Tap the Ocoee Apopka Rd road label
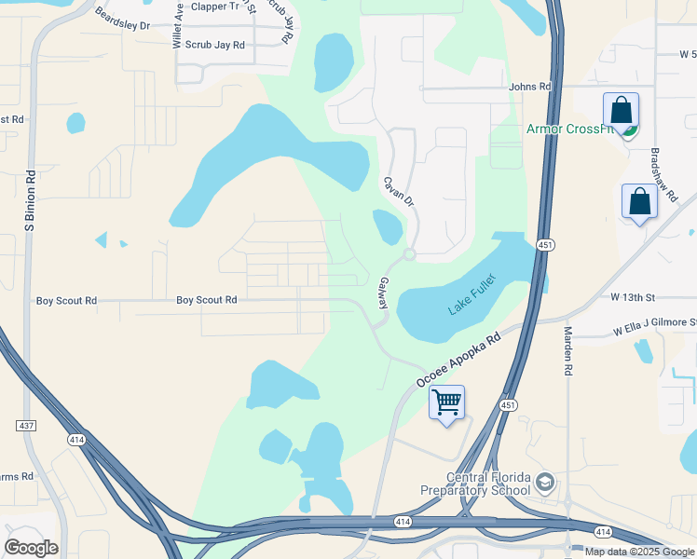[x=458, y=359]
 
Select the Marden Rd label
[x=567, y=350]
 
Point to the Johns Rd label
[x=530, y=87]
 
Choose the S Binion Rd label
[x=29, y=200]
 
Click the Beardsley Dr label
[x=122, y=20]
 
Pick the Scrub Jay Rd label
[x=214, y=45]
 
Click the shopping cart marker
[x=447, y=403]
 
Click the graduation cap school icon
[x=544, y=483]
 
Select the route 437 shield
[x=26, y=425]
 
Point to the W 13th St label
[x=634, y=297]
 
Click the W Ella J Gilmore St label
[x=653, y=325]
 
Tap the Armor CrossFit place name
[x=569, y=129]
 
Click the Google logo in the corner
[x=31, y=548]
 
